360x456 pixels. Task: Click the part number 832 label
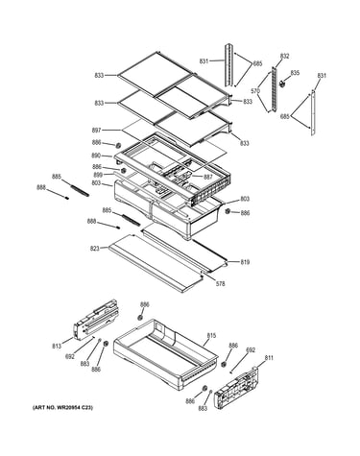[284, 57]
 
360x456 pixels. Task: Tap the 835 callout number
[295, 73]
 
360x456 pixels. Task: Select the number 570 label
[255, 91]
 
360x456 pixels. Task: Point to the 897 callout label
[96, 131]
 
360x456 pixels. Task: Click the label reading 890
[96, 156]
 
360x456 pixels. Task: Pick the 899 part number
[98, 175]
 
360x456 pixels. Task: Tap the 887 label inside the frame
[208, 177]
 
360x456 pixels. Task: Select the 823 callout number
[95, 249]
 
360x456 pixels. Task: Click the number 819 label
[245, 262]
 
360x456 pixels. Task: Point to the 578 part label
[221, 283]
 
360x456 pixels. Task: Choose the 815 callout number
[211, 336]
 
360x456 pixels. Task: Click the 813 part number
[57, 346]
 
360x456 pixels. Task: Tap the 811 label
[269, 358]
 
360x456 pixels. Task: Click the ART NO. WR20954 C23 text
[62, 408]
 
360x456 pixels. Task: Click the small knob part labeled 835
[282, 84]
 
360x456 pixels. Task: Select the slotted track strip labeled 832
[274, 89]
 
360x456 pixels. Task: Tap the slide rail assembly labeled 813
[96, 320]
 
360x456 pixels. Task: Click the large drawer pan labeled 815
[166, 353]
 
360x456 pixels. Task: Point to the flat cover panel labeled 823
[156, 263]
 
